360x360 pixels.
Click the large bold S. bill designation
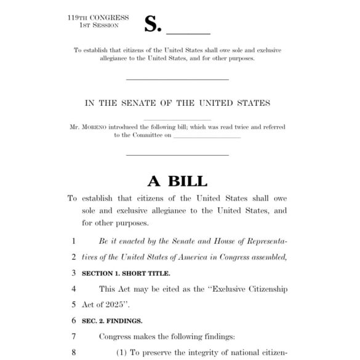[153, 24]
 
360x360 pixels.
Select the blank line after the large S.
[189, 31]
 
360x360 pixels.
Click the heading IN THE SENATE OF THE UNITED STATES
[177, 103]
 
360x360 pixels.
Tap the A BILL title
[177, 180]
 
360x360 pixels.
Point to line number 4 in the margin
[74, 289]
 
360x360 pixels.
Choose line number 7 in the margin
[74, 337]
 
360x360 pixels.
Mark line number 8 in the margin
[74, 353]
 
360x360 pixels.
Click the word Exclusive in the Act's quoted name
[228, 289]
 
